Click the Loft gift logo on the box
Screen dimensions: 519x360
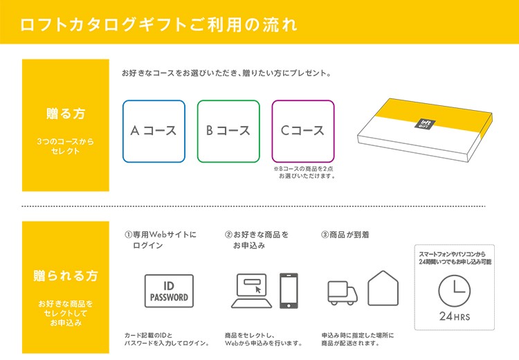click(425, 124)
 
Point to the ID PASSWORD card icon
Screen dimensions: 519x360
click(169, 291)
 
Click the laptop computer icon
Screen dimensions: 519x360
click(252, 291)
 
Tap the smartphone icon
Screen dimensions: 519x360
click(289, 291)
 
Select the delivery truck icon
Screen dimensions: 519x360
click(343, 293)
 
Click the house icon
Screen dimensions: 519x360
click(383, 288)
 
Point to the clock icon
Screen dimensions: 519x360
click(454, 291)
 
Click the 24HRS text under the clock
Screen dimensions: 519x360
click(455, 316)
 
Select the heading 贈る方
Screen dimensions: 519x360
click(66, 114)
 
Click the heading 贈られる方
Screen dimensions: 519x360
click(66, 276)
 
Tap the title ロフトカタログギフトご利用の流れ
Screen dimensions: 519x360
click(159, 24)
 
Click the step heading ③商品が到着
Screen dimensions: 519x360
click(345, 235)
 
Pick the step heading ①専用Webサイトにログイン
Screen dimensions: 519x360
click(161, 240)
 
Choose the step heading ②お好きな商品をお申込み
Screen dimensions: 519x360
click(257, 240)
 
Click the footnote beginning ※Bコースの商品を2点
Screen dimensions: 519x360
click(304, 172)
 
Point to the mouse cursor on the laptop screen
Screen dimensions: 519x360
click(258, 290)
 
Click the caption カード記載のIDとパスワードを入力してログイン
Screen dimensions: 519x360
click(167, 339)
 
